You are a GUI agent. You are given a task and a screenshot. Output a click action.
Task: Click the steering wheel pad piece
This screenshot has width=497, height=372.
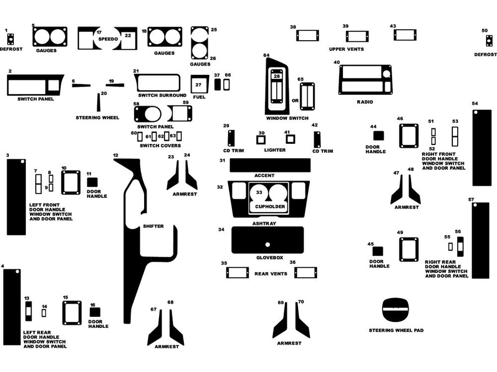point(395,311)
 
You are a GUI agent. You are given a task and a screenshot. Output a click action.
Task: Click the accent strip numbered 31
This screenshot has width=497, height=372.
point(269,165)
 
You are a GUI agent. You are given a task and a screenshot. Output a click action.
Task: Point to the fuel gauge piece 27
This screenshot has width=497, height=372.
point(199,85)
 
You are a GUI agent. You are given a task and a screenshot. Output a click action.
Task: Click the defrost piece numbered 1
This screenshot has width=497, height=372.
point(10,39)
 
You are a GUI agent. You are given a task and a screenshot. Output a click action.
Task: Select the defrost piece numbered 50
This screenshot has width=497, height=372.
point(489,41)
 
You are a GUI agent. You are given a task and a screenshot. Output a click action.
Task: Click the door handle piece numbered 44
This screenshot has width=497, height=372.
point(378,136)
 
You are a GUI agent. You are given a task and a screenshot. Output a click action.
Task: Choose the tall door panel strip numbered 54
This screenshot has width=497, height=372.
point(482,148)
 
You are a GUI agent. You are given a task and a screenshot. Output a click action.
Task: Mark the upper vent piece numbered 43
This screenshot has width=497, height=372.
point(404,35)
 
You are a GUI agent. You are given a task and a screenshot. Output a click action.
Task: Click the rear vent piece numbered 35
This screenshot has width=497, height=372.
point(237,272)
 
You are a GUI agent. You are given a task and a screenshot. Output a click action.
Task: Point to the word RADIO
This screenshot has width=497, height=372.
point(364,102)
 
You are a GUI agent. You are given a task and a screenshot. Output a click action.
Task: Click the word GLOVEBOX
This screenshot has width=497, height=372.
point(269,257)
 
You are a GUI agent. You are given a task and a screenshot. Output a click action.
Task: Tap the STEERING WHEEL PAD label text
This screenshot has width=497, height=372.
point(396,330)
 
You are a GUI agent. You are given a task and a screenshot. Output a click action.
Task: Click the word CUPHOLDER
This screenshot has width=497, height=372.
point(270,207)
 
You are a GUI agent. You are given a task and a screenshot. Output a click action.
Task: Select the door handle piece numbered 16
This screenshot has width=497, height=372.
point(95,312)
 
